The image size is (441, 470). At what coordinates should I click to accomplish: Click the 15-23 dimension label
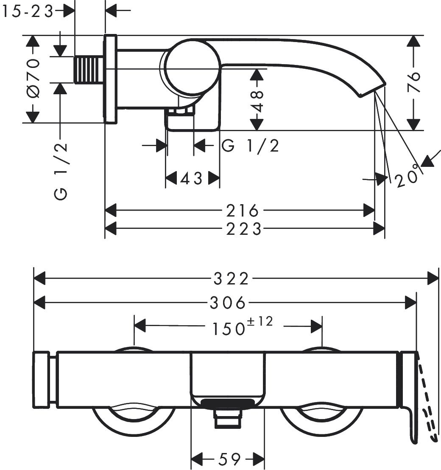28,11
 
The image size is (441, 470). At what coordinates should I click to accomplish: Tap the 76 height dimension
413,82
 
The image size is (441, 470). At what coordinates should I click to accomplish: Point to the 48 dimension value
257,100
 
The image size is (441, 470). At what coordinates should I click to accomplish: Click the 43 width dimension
192,179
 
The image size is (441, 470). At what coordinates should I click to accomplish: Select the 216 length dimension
242,210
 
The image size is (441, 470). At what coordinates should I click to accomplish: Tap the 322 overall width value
231,279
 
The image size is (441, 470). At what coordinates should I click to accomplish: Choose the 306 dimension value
228,303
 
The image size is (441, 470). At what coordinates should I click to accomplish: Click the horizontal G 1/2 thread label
251,146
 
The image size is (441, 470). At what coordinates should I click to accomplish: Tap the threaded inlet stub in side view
89,69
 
